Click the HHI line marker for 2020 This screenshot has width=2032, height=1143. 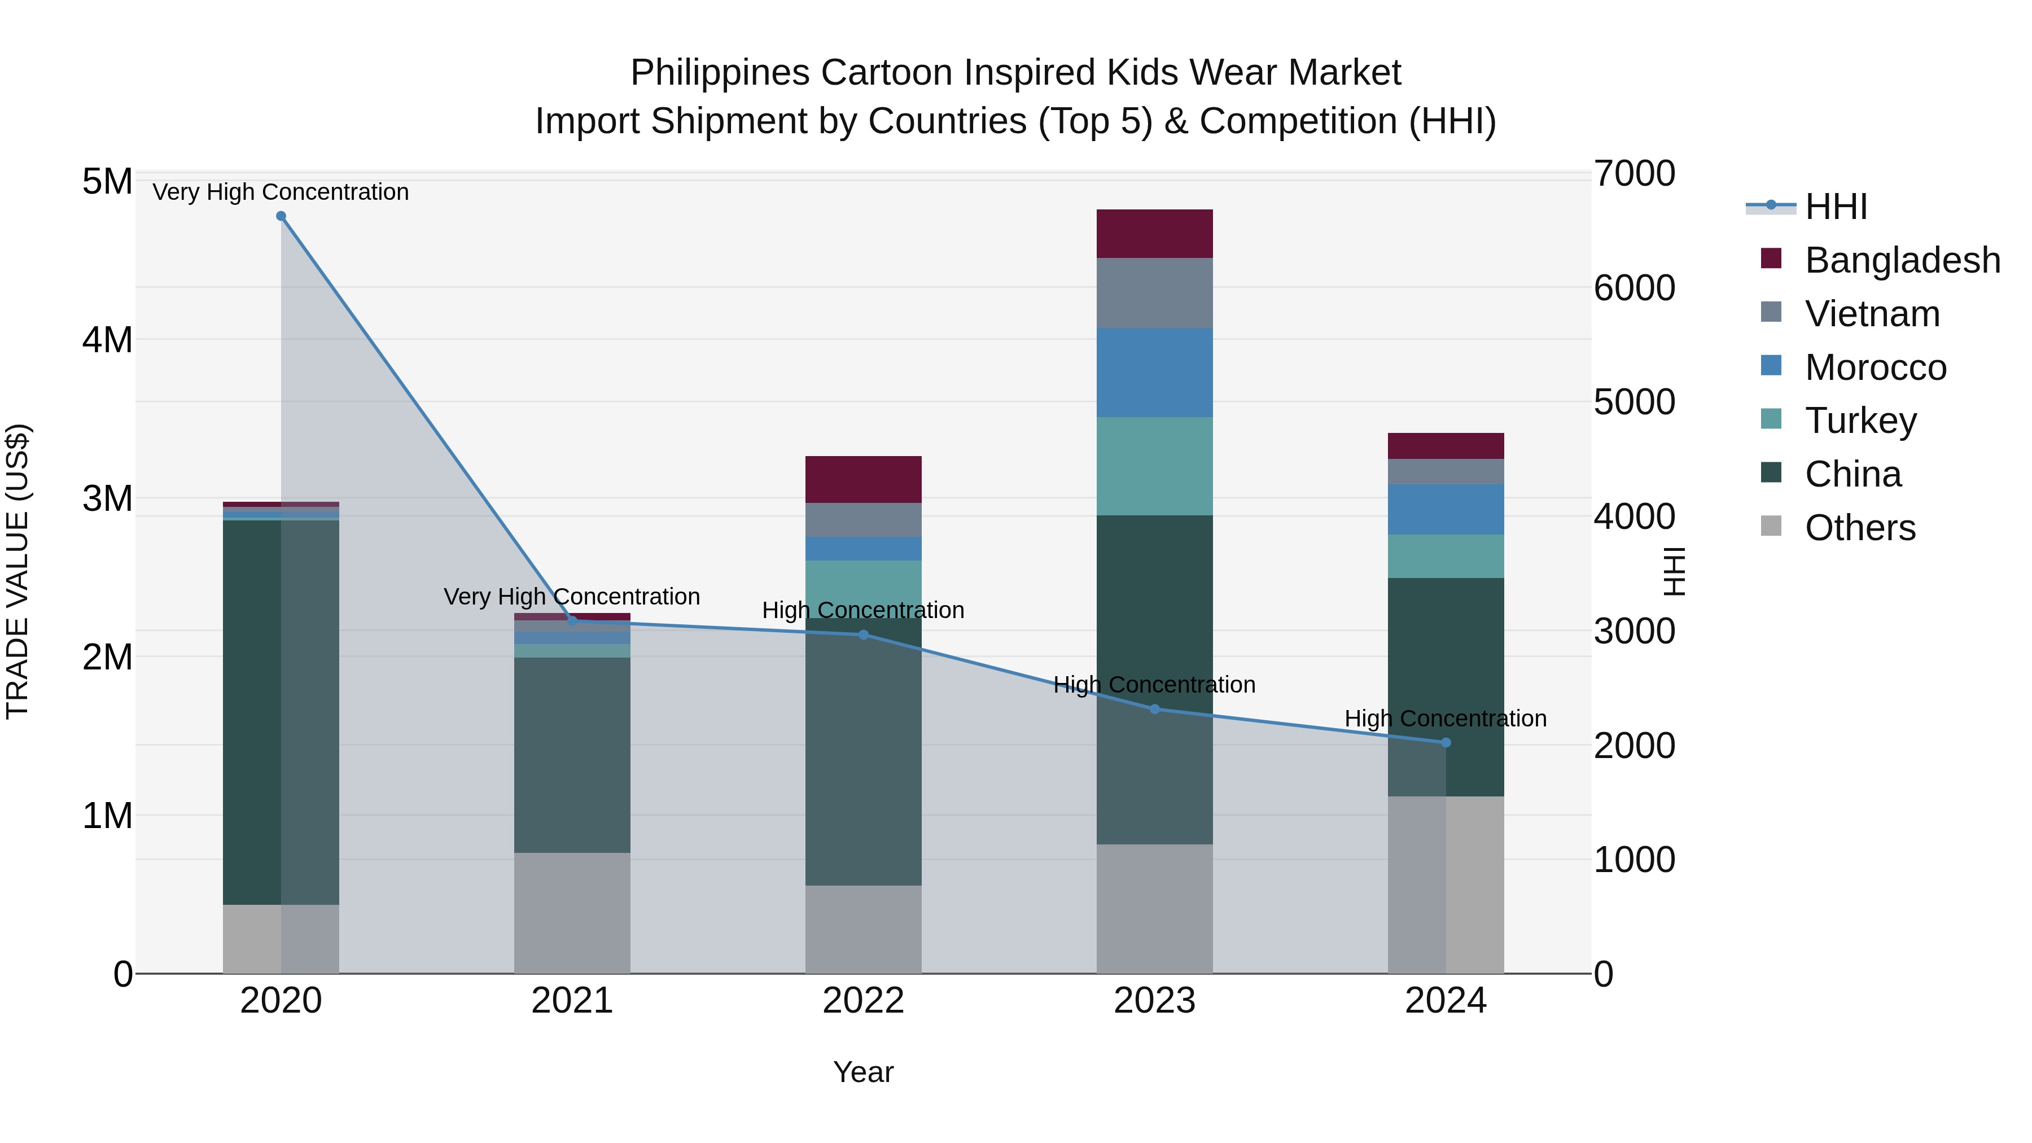point(281,216)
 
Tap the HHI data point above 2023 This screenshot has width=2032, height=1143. point(1155,709)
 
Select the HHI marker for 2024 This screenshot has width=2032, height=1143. point(1446,742)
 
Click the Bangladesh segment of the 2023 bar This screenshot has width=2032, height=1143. point(1155,234)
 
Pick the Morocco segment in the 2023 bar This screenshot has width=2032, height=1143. point(1155,373)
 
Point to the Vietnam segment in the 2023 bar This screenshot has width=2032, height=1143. point(1155,292)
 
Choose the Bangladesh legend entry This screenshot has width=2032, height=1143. point(1902,260)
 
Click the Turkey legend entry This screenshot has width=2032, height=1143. point(1860,421)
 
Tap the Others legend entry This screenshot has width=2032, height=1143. point(1859,528)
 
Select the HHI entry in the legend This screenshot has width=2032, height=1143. point(1836,207)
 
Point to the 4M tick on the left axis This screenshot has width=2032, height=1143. point(107,340)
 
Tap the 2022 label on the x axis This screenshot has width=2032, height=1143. point(863,1001)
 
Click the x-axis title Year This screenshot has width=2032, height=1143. point(863,1072)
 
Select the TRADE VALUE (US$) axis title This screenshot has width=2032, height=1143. point(17,572)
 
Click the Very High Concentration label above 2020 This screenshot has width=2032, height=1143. point(281,192)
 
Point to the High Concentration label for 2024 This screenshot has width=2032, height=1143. point(1446,719)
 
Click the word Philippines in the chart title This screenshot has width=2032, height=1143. point(720,73)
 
